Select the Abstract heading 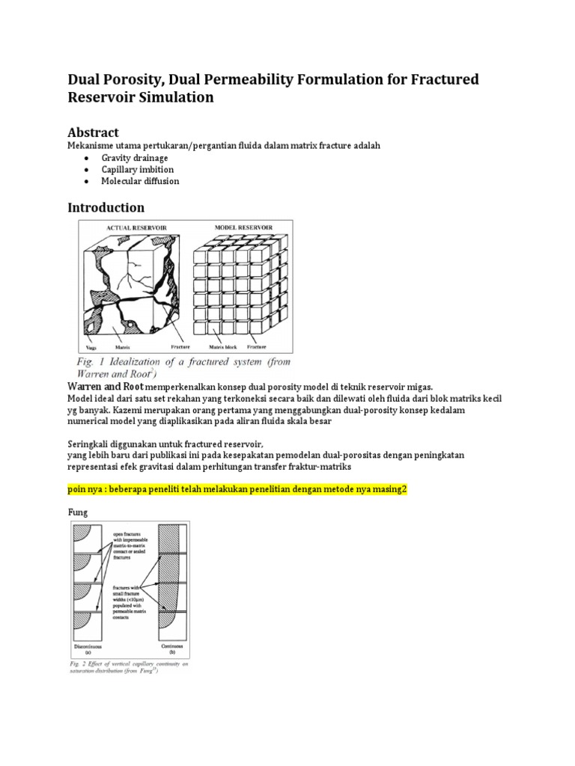[94, 132]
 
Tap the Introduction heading [106, 207]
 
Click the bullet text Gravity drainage [135, 159]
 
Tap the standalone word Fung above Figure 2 [78, 512]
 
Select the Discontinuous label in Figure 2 [88, 646]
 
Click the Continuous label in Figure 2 [174, 646]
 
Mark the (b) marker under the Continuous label [174, 652]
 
